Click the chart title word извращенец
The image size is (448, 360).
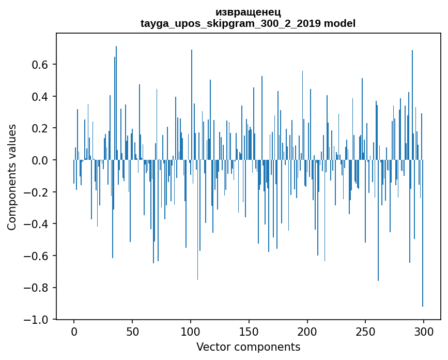click(248, 12)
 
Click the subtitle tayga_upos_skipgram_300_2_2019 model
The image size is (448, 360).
click(248, 23)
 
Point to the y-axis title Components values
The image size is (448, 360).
click(12, 177)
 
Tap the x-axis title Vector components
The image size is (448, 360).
click(248, 347)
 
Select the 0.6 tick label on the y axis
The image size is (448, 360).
click(40, 65)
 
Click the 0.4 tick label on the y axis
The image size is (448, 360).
click(40, 97)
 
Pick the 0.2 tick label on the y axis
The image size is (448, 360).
click(40, 128)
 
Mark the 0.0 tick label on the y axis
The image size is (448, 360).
click(40, 160)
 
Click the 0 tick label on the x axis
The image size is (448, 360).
click(74, 331)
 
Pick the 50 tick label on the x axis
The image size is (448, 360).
click(132, 331)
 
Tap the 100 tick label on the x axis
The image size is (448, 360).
click(191, 331)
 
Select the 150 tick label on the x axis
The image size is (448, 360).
click(249, 331)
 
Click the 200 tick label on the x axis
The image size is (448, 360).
click(307, 331)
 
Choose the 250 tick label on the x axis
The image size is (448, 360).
click(365, 331)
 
